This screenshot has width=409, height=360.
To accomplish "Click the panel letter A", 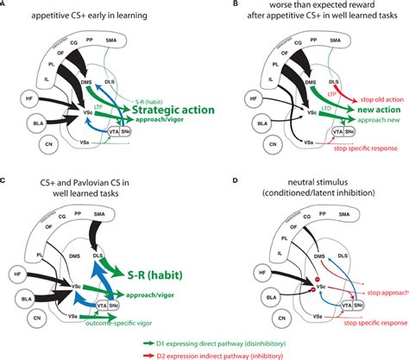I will (x=5, y=6).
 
